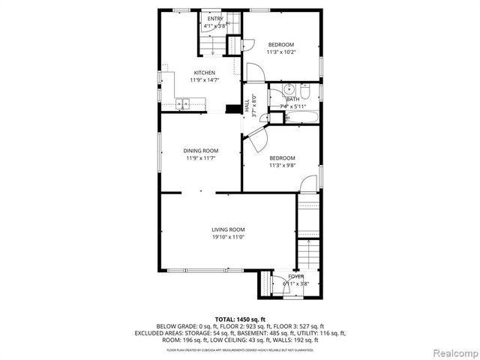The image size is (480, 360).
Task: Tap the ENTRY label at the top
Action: (215, 19)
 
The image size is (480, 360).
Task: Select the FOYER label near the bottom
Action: (296, 276)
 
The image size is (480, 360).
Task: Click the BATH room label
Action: (292, 99)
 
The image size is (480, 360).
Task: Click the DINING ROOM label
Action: (200, 151)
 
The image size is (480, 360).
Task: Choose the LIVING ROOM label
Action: (227, 229)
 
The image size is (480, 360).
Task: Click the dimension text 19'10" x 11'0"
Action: (227, 237)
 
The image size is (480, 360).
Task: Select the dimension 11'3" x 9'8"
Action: (281, 165)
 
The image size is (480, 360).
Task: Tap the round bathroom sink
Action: (287, 87)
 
